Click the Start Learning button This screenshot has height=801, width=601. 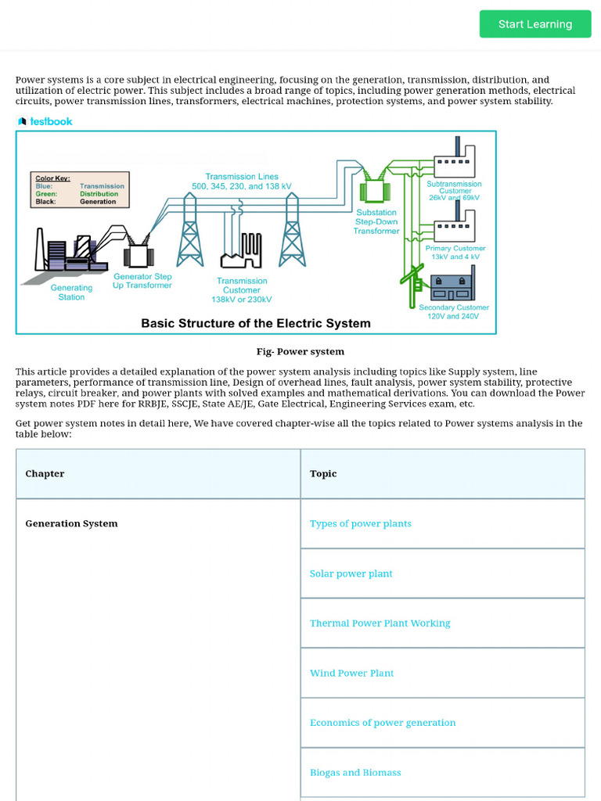point(535,24)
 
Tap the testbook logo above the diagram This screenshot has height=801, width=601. point(45,121)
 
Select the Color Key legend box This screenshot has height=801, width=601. point(78,189)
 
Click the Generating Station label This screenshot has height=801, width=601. point(71,293)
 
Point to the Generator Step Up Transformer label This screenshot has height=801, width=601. point(142,281)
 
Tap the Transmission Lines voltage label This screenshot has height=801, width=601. point(242,181)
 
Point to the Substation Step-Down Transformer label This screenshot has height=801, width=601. point(376,221)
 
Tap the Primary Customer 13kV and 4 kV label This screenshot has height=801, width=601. point(455,253)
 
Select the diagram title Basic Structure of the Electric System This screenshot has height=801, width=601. point(256,323)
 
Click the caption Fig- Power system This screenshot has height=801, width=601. point(300,351)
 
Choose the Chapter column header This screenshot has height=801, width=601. point(45,473)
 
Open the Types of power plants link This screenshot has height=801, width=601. point(361,523)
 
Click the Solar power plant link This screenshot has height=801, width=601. point(351,573)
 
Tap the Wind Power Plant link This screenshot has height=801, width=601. point(352,673)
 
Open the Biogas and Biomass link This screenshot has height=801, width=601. point(355,772)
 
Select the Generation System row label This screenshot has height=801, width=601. point(72,523)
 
